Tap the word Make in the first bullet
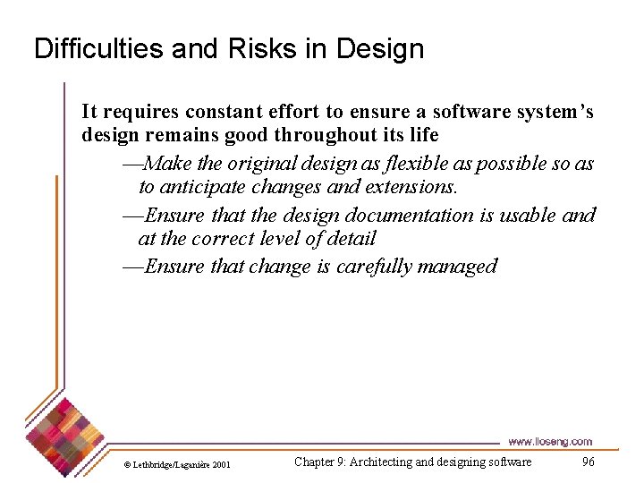pyautogui.click(x=168, y=164)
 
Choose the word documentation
pyautogui.click(x=394, y=216)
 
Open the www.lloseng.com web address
pyautogui.click(x=549, y=441)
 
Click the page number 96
pyautogui.click(x=588, y=462)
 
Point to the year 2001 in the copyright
pyautogui.click(x=221, y=464)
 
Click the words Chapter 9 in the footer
pyautogui.click(x=318, y=462)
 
